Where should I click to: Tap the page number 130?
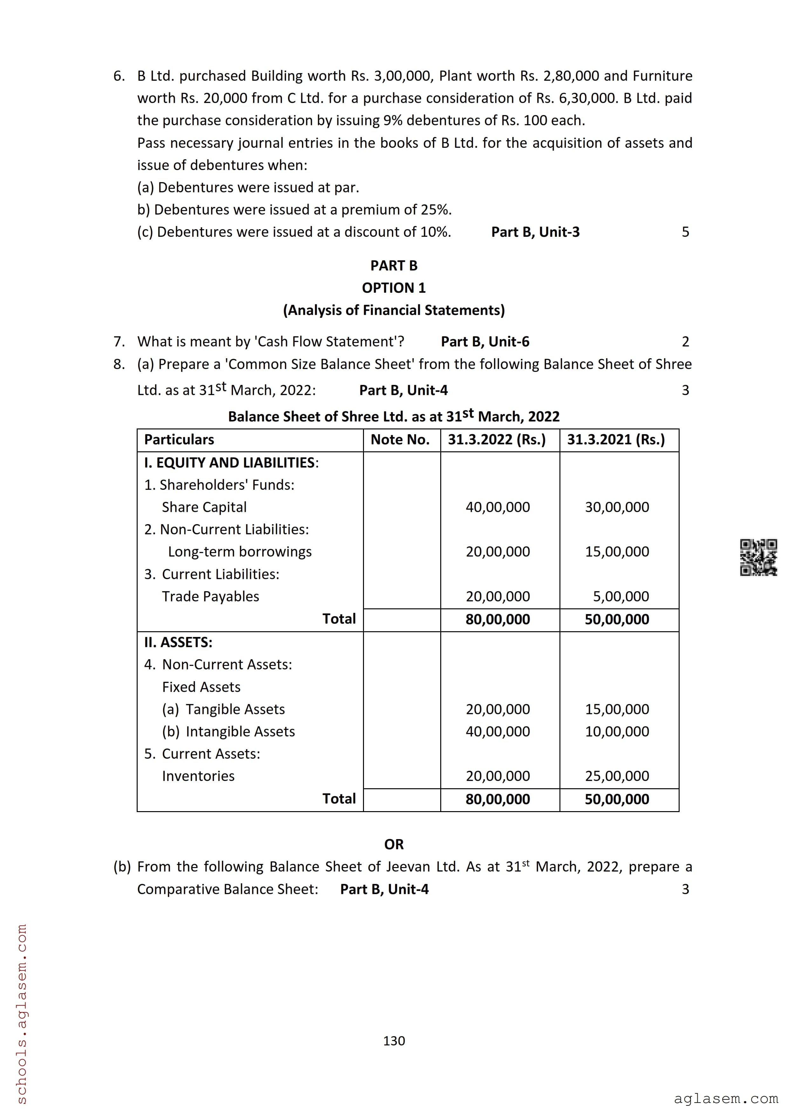coord(394,1041)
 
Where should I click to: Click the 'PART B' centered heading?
coord(394,266)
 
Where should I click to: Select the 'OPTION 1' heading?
coord(394,288)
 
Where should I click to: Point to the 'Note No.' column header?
coord(400,440)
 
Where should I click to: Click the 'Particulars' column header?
coord(179,440)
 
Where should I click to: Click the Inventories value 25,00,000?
coord(617,776)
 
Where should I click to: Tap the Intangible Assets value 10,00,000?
coord(617,731)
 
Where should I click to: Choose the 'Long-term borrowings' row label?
coord(240,552)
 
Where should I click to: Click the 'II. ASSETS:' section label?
coord(178,642)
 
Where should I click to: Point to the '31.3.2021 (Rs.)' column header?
coord(616,440)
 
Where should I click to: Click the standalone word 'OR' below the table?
coord(394,845)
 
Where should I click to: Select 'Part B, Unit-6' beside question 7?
coord(485,342)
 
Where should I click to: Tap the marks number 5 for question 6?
coord(685,232)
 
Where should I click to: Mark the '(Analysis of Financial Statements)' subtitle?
coord(394,310)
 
